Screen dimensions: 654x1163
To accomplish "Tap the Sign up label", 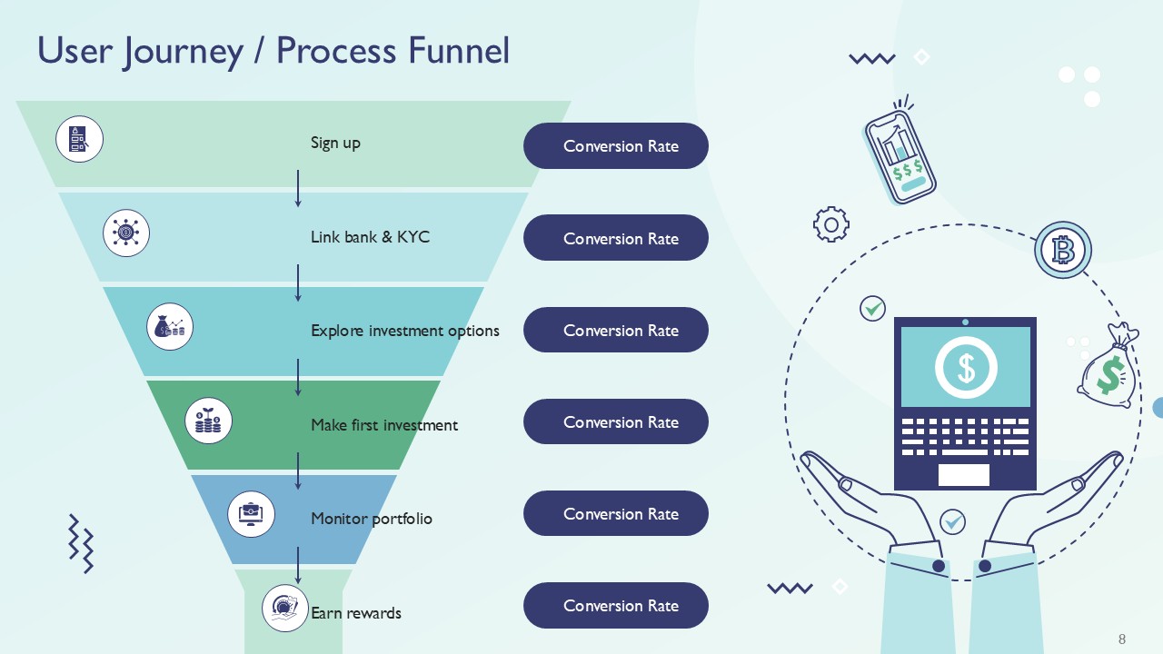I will click(335, 143).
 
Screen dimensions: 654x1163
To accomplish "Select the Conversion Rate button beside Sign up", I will click(615, 146).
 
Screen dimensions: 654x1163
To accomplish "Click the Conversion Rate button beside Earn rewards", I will click(615, 606).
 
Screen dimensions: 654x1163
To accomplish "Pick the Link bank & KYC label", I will click(370, 237).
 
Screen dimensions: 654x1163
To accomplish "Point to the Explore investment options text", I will click(404, 331).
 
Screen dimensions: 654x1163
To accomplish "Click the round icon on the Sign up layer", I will click(79, 139).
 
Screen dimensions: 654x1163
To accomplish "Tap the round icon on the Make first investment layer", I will click(208, 421).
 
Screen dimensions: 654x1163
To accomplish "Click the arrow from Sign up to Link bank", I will click(298, 188).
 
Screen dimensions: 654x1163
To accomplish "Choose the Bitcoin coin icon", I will click(1062, 249).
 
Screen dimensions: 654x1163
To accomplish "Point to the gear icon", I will click(830, 223).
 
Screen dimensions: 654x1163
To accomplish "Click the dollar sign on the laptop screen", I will click(965, 367).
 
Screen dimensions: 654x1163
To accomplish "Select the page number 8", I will click(1122, 639).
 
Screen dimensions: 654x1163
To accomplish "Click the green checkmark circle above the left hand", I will click(872, 309).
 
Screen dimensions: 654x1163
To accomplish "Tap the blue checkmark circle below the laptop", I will click(952, 521).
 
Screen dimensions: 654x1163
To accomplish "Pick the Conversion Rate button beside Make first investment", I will click(615, 421).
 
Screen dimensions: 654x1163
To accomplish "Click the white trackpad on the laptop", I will click(963, 474).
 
